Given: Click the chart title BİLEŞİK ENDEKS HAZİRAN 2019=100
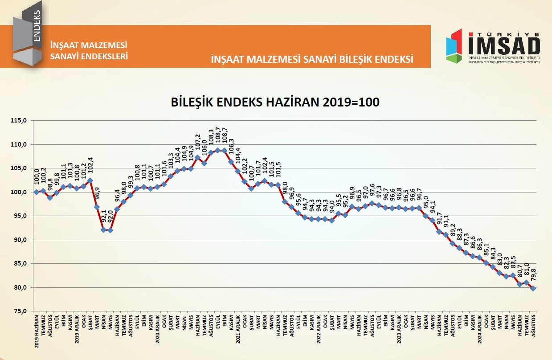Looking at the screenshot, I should point(275,102).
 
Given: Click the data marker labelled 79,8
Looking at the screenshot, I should point(533,288).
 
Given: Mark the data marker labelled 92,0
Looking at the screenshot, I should point(110,230).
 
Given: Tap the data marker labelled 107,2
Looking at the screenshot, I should point(197,157).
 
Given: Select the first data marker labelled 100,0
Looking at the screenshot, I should point(37,192).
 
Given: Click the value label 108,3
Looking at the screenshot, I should point(211,138).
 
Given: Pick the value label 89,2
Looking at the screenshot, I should point(453,229).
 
